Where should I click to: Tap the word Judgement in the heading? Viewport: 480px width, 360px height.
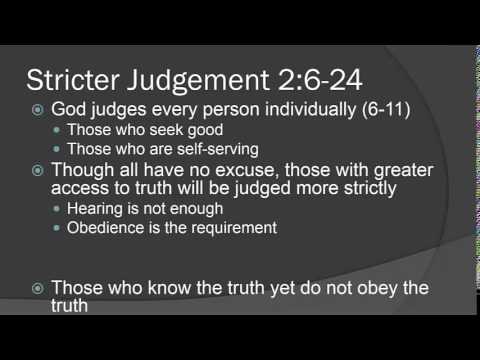pos(196,78)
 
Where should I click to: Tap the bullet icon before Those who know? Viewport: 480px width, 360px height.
pos(37,289)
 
